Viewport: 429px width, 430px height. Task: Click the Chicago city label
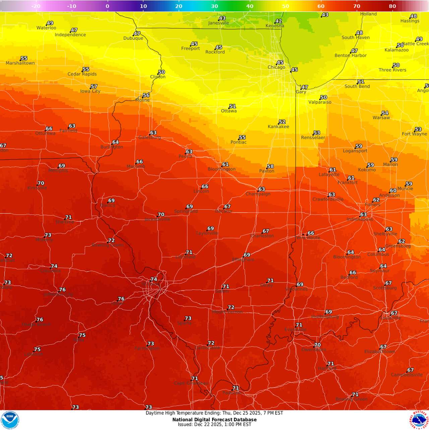[x=277, y=67]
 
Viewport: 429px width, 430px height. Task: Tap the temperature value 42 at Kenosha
[x=279, y=21]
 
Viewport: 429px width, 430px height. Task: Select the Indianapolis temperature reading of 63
[x=363, y=214]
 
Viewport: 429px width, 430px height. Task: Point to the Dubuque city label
[x=133, y=38]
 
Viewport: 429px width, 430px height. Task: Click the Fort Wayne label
[x=414, y=134]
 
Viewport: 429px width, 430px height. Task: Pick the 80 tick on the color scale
[x=392, y=6]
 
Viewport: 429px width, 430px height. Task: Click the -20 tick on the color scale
[x=36, y=6]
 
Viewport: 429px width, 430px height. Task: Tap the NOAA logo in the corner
[x=10, y=420]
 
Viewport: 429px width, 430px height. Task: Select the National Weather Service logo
[x=419, y=420]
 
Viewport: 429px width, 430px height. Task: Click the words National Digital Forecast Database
[x=214, y=420]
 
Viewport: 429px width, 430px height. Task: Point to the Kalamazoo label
[x=396, y=50]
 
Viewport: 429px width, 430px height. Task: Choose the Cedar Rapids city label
[x=82, y=74]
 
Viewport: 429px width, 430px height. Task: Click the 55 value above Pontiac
[x=242, y=137]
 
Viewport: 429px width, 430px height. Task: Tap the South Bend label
[x=357, y=86]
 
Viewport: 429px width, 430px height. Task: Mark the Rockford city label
[x=215, y=52]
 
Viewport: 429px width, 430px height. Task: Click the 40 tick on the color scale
[x=250, y=6]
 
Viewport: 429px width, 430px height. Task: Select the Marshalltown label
[x=20, y=63]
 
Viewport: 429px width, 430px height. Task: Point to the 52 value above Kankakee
[x=282, y=122]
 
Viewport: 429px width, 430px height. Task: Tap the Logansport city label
[x=355, y=151]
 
